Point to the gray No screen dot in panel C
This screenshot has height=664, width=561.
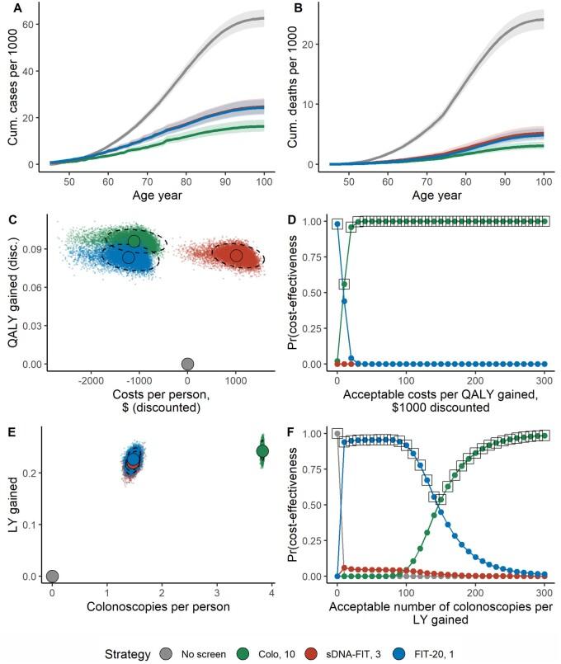pyautogui.click(x=188, y=364)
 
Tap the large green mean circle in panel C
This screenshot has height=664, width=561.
pyautogui.click(x=134, y=241)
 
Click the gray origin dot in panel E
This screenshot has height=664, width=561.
pyautogui.click(x=52, y=576)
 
